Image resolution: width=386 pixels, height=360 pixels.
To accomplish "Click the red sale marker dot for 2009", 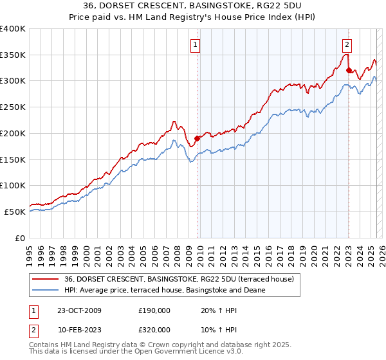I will [x=198, y=138].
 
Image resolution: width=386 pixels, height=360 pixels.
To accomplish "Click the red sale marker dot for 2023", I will [x=348, y=70].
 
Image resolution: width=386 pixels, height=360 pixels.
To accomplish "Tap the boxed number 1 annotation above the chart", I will [x=195, y=45].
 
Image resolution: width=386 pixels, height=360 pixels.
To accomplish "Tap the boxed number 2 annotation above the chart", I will [x=347, y=45].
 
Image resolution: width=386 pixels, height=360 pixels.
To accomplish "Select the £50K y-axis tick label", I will [x=15, y=212].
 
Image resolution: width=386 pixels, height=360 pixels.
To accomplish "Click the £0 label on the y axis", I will [x=21, y=238].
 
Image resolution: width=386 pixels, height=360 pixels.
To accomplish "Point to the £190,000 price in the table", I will [x=154, y=310].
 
